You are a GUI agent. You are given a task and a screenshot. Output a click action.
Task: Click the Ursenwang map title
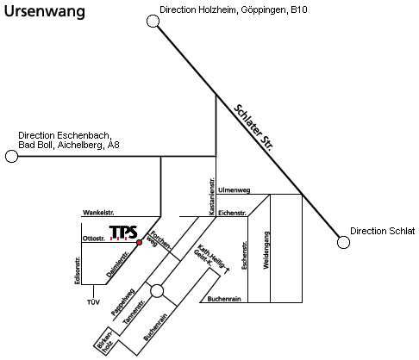click(x=45, y=11)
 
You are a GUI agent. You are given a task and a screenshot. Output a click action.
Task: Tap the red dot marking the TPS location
click(x=140, y=242)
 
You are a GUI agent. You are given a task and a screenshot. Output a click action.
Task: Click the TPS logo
click(x=123, y=233)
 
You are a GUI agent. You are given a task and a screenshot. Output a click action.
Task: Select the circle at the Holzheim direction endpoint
click(x=153, y=22)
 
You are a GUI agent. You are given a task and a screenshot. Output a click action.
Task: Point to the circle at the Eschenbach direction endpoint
click(x=11, y=156)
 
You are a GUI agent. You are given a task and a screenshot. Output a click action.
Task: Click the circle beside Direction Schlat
click(x=343, y=242)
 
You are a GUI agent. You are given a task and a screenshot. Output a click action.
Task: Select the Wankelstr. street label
click(x=98, y=213)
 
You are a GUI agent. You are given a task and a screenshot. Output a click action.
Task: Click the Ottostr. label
click(x=94, y=239)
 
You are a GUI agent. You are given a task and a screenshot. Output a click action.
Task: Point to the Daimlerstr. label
click(x=117, y=264)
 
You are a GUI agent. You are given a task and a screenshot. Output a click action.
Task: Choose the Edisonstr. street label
click(x=77, y=270)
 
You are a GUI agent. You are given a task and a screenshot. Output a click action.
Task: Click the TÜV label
click(x=93, y=302)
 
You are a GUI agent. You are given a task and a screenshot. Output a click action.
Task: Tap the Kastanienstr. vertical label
click(x=212, y=196)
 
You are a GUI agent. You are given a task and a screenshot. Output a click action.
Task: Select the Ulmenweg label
click(x=235, y=190)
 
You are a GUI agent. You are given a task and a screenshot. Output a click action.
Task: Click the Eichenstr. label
click(x=232, y=213)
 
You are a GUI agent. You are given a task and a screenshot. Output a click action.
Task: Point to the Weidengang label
click(x=266, y=251)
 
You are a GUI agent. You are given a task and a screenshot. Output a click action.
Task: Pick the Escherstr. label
click(x=244, y=255)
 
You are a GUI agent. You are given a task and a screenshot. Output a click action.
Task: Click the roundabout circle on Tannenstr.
click(x=157, y=291)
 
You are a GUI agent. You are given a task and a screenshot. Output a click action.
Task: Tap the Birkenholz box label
click(x=105, y=341)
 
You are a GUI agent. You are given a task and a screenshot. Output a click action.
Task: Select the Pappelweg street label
click(x=122, y=301)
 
